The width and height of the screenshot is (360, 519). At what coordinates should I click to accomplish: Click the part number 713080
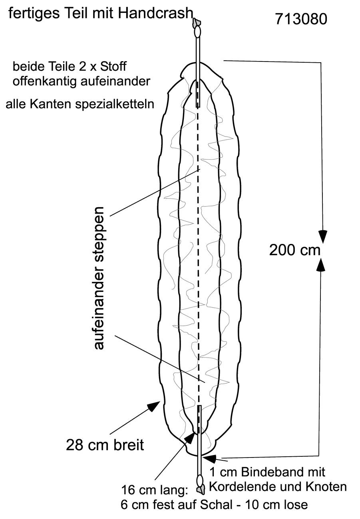click(x=301, y=19)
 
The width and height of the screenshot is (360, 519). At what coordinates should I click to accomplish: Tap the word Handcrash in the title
click(x=155, y=14)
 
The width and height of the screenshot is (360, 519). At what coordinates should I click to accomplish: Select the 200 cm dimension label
click(x=294, y=250)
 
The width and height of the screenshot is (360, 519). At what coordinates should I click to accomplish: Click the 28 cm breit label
click(x=105, y=445)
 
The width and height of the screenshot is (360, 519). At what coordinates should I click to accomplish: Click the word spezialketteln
click(x=115, y=104)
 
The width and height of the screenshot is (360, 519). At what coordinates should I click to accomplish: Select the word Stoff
click(x=113, y=67)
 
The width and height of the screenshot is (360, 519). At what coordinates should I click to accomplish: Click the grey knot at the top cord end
click(x=197, y=22)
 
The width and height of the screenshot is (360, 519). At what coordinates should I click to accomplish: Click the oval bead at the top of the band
click(x=198, y=32)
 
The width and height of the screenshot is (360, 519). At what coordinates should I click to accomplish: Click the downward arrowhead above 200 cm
click(x=322, y=237)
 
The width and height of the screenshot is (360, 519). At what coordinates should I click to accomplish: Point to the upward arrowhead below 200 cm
click(x=321, y=264)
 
